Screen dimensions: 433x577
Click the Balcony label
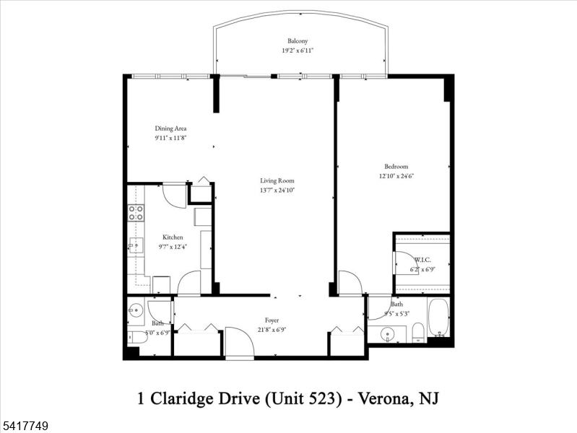[299, 41]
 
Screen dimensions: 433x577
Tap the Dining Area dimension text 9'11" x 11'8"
[170, 138]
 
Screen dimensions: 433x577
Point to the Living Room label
[277, 180]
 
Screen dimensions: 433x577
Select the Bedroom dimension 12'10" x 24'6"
[396, 175]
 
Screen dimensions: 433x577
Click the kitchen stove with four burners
[135, 212]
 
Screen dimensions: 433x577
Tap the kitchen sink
[134, 246]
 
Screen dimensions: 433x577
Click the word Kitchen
[173, 237]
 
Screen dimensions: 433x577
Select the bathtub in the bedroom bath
[438, 318]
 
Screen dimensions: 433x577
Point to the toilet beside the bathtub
[417, 333]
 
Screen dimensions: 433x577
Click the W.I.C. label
[422, 260]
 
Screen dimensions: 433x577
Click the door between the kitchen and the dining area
[174, 196]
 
